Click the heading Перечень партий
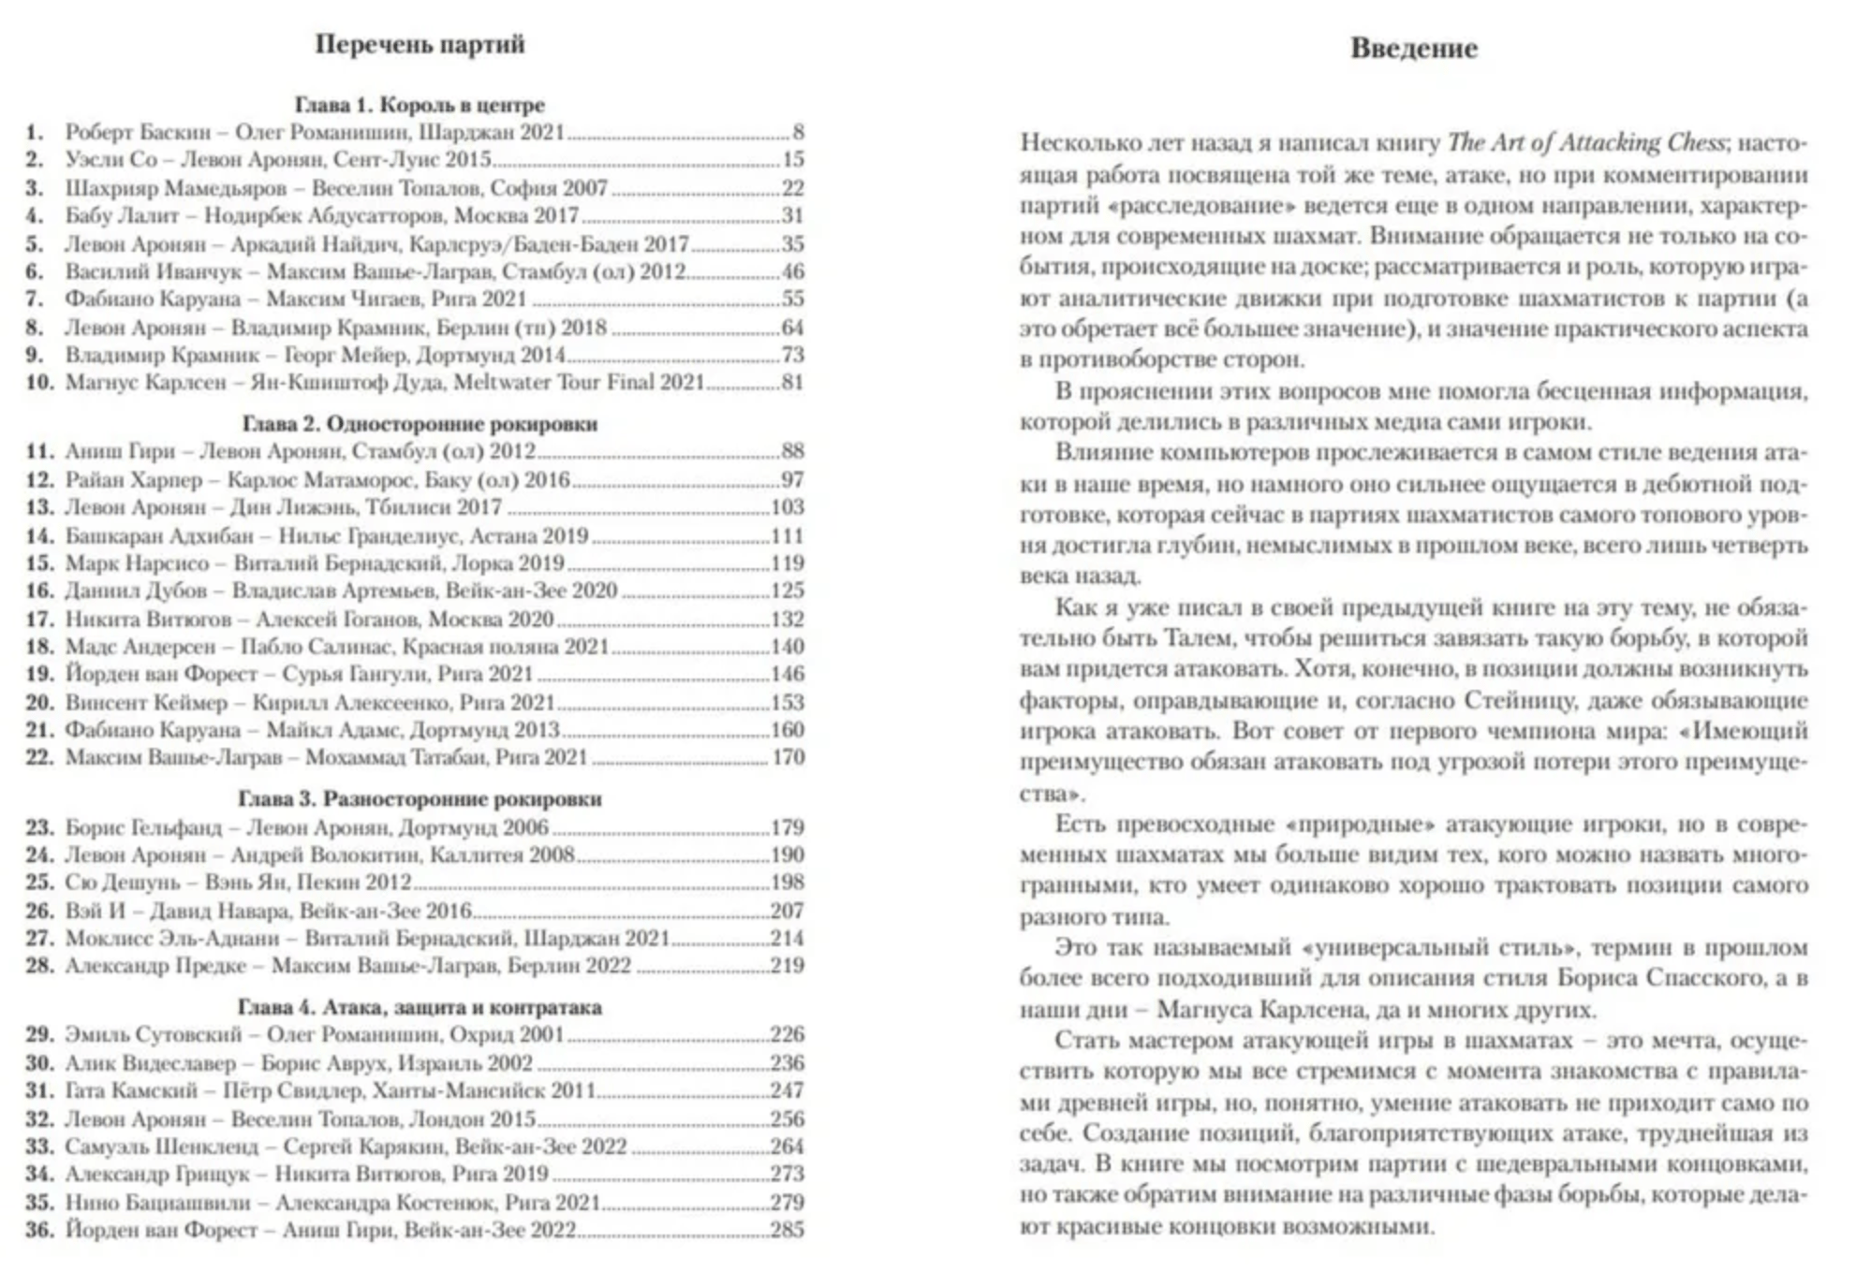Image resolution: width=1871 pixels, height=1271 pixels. tap(420, 45)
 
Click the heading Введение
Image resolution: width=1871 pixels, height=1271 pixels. tap(1413, 49)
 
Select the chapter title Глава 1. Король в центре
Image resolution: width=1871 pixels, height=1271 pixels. tap(420, 105)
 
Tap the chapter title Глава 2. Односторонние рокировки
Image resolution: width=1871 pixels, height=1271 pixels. tap(420, 424)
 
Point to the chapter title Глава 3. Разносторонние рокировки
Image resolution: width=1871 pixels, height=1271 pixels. tap(420, 799)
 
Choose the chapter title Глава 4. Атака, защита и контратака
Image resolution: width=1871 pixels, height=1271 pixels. tap(420, 1007)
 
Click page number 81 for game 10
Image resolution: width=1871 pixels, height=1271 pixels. tap(792, 382)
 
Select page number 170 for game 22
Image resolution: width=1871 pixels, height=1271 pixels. tap(788, 757)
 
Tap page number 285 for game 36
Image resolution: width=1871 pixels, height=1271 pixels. tap(788, 1230)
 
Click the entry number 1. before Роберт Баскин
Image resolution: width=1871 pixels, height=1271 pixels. tap(35, 132)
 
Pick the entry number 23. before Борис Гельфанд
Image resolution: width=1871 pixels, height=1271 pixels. tap(38, 827)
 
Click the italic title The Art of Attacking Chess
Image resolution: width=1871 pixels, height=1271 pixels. tap(1586, 143)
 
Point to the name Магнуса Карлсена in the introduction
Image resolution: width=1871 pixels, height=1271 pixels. tap(1283, 1010)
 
